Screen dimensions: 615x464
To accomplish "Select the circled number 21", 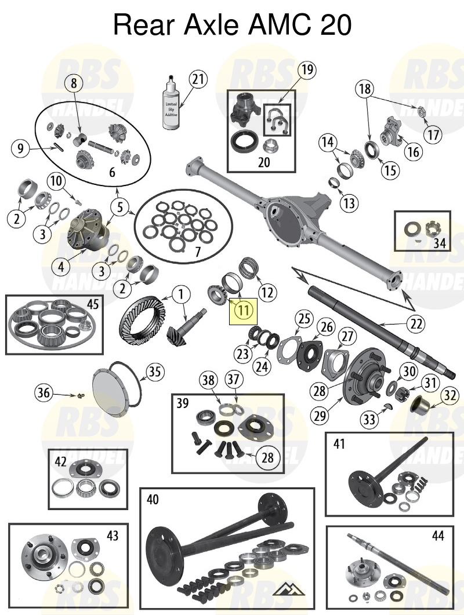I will pyautogui.click(x=198, y=79).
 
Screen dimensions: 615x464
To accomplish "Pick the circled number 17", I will pyautogui.click(x=431, y=135).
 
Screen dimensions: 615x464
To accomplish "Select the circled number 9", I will pyautogui.click(x=20, y=150).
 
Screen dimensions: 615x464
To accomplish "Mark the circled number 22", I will pyautogui.click(x=415, y=323).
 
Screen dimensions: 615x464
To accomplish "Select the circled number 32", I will pyautogui.click(x=450, y=396).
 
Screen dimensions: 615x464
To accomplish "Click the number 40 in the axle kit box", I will pyautogui.click(x=153, y=499).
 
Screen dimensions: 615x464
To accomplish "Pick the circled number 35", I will pyautogui.click(x=153, y=372).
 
